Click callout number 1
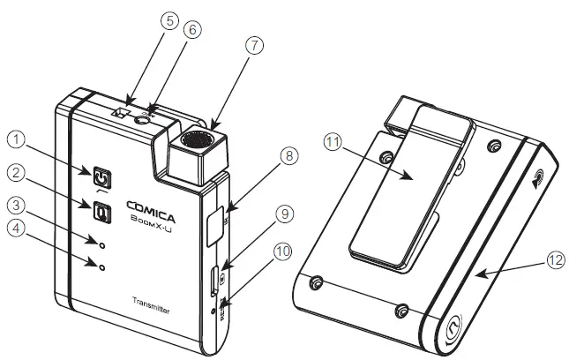(16, 139)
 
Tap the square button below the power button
(102, 212)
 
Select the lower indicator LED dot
(103, 266)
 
